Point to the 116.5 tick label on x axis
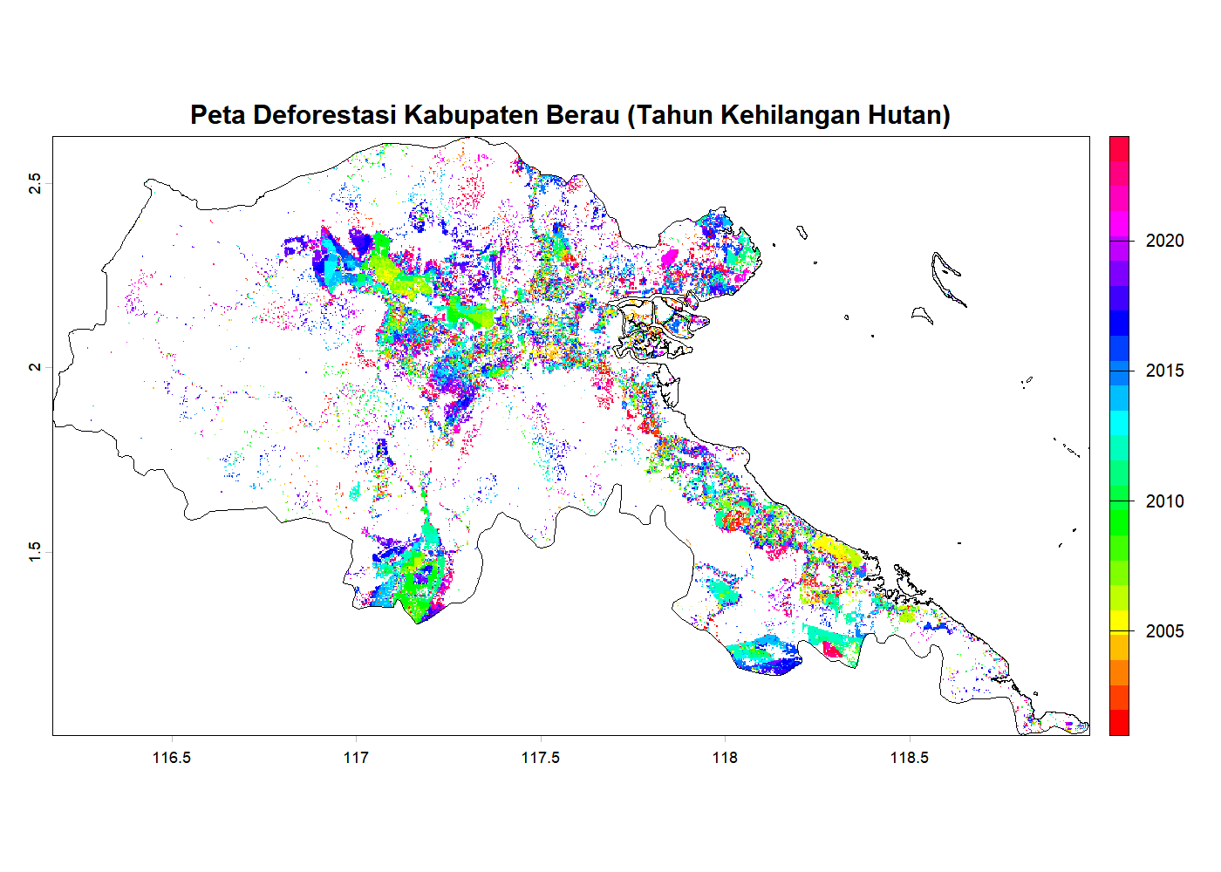[171, 758]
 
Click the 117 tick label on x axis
[356, 758]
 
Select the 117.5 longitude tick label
[540, 758]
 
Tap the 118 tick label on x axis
[725, 758]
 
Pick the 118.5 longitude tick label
[909, 758]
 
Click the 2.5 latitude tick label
[34, 183]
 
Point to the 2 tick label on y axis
[34, 367]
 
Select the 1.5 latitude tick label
[34, 552]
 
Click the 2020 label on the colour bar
[1164, 241]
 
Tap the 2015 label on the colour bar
[1164, 371]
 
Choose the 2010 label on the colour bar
[1164, 501]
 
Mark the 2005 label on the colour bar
[1164, 631]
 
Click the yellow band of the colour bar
[1119, 619]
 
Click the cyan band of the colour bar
[1119, 423]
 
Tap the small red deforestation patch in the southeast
[832, 650]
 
